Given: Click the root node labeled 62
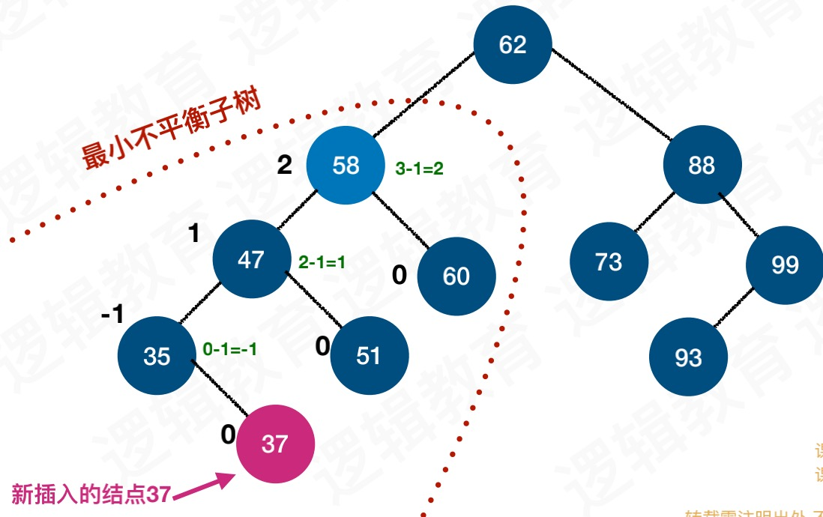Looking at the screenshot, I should coord(513,44).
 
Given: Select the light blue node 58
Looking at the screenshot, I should coord(346,165).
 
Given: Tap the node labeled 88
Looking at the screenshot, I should coord(702,165).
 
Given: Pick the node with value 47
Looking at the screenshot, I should coord(251,259).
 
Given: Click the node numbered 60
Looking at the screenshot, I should coord(456,276).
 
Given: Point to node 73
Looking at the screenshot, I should coord(609,261).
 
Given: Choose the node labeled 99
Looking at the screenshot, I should coord(785,264).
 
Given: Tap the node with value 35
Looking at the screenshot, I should coord(157,356).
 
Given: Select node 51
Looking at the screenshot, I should coord(369,355).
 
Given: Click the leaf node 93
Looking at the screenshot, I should coord(688,357).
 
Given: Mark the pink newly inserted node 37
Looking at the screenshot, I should coord(275,444).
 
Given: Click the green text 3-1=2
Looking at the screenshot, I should coord(419,169).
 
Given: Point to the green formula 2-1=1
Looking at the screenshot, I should coord(322,262).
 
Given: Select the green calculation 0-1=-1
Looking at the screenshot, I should coord(230,349).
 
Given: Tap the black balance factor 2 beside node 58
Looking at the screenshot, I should coord(284,165).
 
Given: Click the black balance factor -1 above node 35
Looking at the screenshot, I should coord(112,315).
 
